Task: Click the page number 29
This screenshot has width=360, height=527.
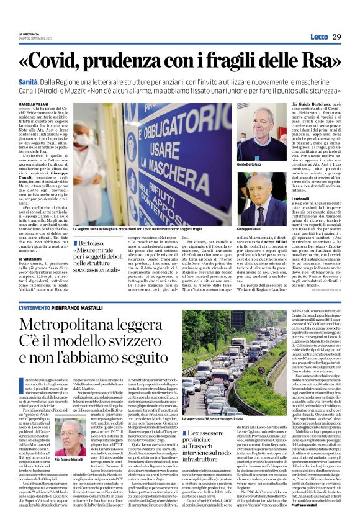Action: (337, 37)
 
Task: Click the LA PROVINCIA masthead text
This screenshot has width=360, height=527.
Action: (28, 34)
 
